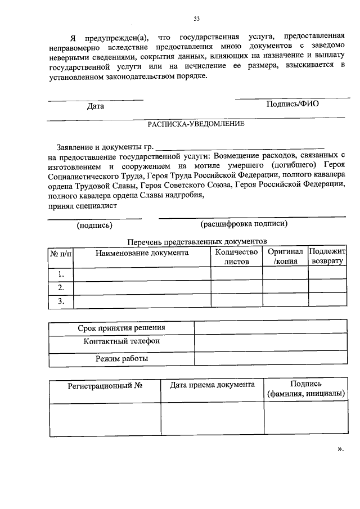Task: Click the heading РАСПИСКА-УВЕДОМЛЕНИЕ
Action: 196,124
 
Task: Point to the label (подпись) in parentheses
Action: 94,225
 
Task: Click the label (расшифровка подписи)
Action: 244,224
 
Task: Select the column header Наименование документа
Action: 142,253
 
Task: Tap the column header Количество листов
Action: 236,257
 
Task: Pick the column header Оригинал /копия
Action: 285,257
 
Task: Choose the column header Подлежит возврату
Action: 327,257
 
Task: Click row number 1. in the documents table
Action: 61,274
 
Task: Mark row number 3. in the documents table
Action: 61,301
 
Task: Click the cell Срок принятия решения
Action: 121,328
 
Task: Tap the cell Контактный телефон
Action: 121,341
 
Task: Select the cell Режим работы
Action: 121,358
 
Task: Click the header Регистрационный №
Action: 104,386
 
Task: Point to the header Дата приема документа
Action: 213,385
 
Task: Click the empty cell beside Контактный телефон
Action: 270,342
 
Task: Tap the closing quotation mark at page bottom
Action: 340,449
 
